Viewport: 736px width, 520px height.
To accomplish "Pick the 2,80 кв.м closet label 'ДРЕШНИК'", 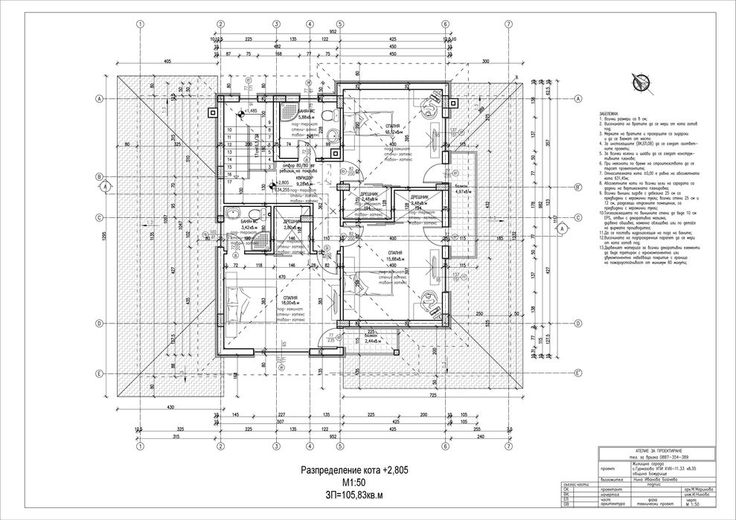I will click(x=292, y=221).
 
